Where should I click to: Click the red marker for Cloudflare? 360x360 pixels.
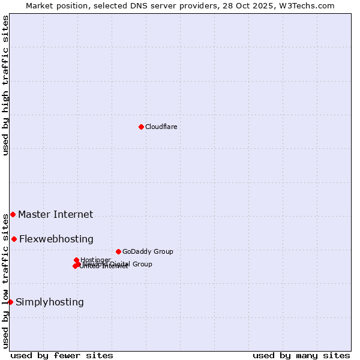pos(141,127)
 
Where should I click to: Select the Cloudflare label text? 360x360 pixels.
pos(161,127)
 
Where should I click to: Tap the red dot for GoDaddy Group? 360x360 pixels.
pos(118,251)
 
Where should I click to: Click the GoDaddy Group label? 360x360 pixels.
pos(148,251)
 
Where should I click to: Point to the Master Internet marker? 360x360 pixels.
pos(13,214)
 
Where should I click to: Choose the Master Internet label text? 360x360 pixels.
pos(55,214)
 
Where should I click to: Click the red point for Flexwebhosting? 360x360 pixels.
pos(14,239)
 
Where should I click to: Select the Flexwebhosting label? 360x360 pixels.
pos(56,239)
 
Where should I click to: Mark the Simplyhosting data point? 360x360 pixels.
pos(10,302)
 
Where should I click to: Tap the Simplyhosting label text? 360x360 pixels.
pos(49,302)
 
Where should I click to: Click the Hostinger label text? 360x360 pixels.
pos(95,260)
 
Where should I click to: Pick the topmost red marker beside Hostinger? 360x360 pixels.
pos(76,260)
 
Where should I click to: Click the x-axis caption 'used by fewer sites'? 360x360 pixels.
pos(62,355)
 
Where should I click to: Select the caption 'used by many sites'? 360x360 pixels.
pos(301,355)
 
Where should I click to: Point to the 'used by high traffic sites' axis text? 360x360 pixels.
pos(5,85)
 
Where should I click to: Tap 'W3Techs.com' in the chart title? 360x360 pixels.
pos(309,5)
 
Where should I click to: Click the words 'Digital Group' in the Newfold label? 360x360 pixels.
pos(131,264)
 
